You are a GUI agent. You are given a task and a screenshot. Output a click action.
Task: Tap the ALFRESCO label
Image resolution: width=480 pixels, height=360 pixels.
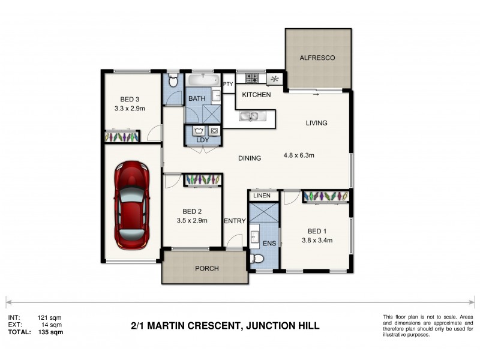[317, 58]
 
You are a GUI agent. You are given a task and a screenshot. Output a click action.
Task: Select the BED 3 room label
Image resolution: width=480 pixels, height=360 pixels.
[130, 100]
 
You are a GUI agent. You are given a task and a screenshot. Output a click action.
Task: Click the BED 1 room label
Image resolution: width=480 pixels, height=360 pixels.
[317, 231]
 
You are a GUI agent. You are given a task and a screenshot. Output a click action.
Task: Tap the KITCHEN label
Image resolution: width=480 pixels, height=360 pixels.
[256, 95]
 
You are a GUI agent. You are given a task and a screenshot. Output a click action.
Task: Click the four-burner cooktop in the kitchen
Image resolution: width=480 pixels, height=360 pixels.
[251, 78]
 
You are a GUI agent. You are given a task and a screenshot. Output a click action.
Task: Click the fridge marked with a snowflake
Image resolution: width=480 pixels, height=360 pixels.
[275, 79]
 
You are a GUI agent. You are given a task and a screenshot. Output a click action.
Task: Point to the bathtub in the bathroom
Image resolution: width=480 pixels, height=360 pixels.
[202, 80]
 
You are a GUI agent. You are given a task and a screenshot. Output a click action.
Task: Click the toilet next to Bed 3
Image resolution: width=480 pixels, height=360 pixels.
[173, 79]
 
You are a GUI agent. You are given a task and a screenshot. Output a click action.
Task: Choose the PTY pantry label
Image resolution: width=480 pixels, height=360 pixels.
[228, 84]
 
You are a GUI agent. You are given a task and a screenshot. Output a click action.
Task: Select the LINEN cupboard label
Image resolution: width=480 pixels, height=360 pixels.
[262, 196]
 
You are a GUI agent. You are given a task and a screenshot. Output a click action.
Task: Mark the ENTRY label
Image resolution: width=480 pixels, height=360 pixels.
[235, 221]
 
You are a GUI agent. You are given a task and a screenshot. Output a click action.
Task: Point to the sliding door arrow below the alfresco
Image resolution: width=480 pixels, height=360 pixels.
[315, 94]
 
